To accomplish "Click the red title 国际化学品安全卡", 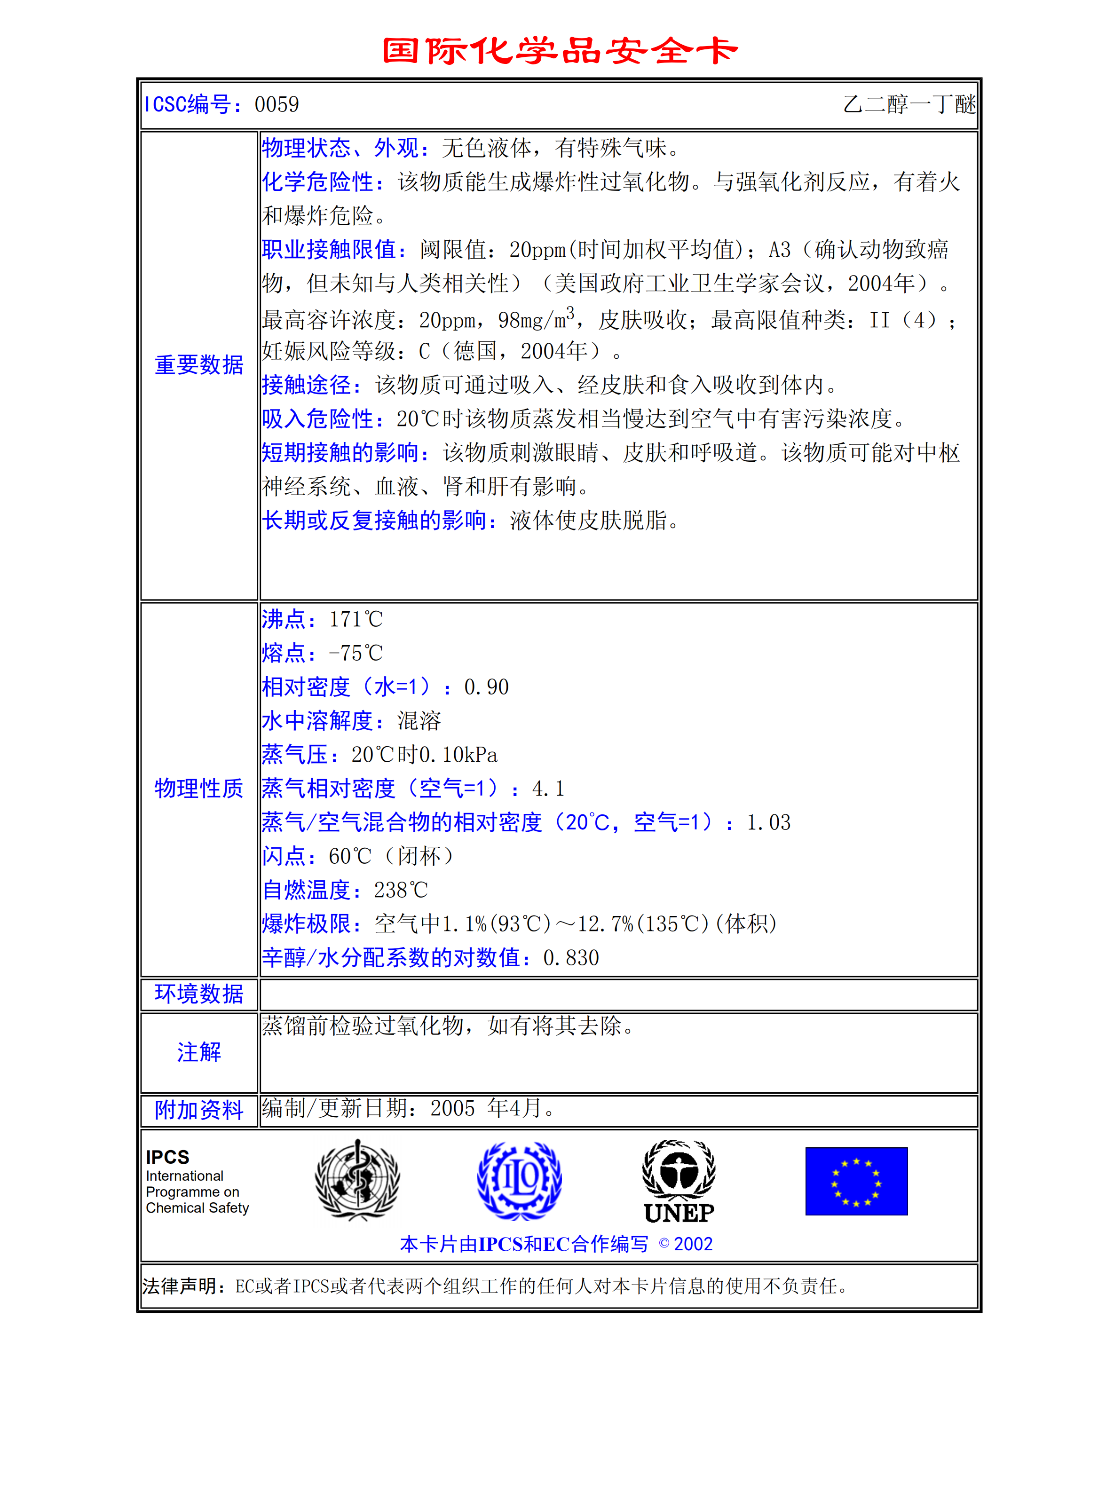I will point(559,51).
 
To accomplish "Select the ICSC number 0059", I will point(277,104).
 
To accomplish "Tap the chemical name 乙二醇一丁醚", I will point(909,104).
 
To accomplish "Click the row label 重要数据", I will point(199,365).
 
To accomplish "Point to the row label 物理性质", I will point(199,788).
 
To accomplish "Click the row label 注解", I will point(199,1052).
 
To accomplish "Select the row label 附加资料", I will point(199,1110).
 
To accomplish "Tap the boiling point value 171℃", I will point(356,619).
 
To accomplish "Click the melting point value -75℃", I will point(356,653).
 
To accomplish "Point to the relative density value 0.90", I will point(486,687).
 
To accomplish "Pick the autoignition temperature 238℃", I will point(401,890).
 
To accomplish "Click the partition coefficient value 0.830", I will point(570,957).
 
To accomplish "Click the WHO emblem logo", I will point(357,1180).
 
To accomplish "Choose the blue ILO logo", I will point(519,1180).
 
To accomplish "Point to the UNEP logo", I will point(679,1181).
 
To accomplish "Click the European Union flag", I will point(856,1181).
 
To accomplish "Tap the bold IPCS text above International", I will point(168,1157).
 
